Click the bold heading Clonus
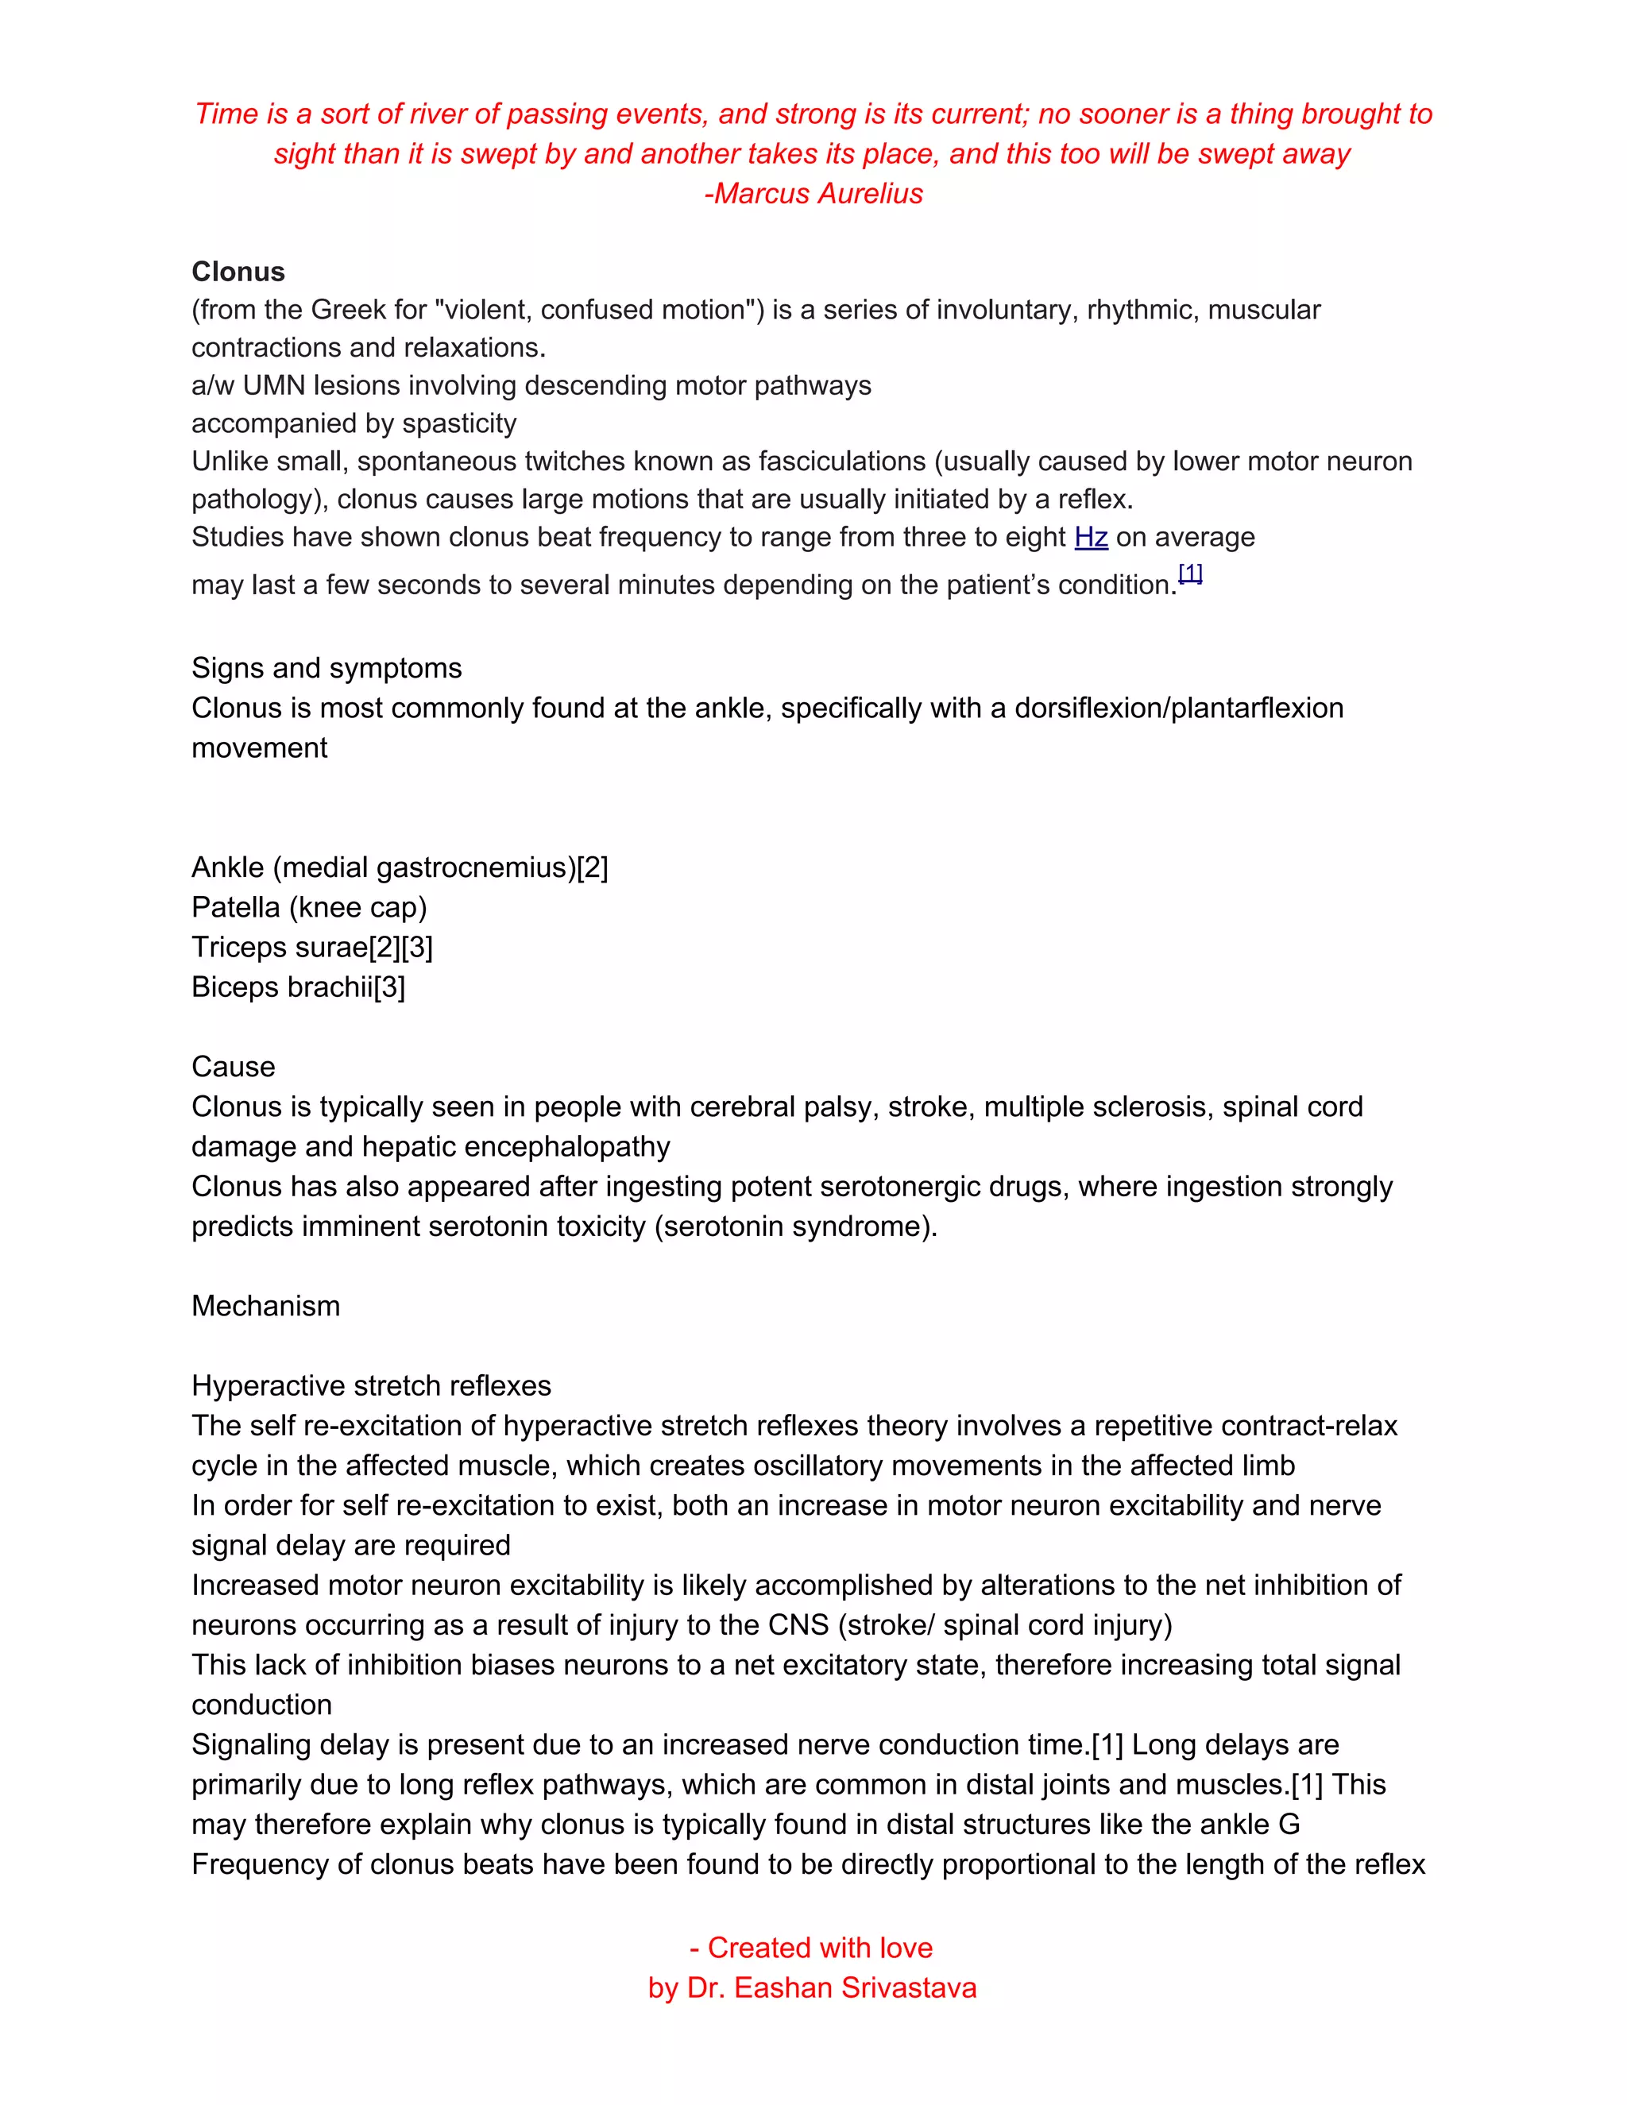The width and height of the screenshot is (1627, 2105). coord(238,272)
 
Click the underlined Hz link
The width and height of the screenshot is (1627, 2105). coord(1090,537)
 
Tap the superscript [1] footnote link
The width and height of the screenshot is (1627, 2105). coord(1190,574)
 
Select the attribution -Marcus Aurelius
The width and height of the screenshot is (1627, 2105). coord(813,194)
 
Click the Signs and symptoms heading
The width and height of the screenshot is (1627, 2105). coord(326,668)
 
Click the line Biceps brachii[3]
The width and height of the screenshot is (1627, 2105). coord(298,987)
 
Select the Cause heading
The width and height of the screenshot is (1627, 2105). coord(234,1067)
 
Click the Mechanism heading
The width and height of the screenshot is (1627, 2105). coord(265,1306)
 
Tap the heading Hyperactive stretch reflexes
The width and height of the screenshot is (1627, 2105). coord(371,1386)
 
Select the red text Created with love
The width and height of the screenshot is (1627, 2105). coord(819,1948)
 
